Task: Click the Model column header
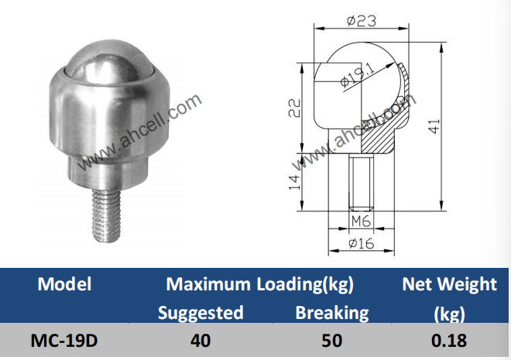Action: (64, 284)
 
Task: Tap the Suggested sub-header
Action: (201, 313)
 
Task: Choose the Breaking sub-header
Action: (331, 313)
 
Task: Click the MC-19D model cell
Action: (64, 341)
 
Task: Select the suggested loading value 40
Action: (201, 341)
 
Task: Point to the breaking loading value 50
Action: (331, 341)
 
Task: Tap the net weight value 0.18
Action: (449, 341)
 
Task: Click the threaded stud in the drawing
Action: (360, 182)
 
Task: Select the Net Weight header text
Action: (449, 284)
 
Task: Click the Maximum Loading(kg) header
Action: (259, 284)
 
